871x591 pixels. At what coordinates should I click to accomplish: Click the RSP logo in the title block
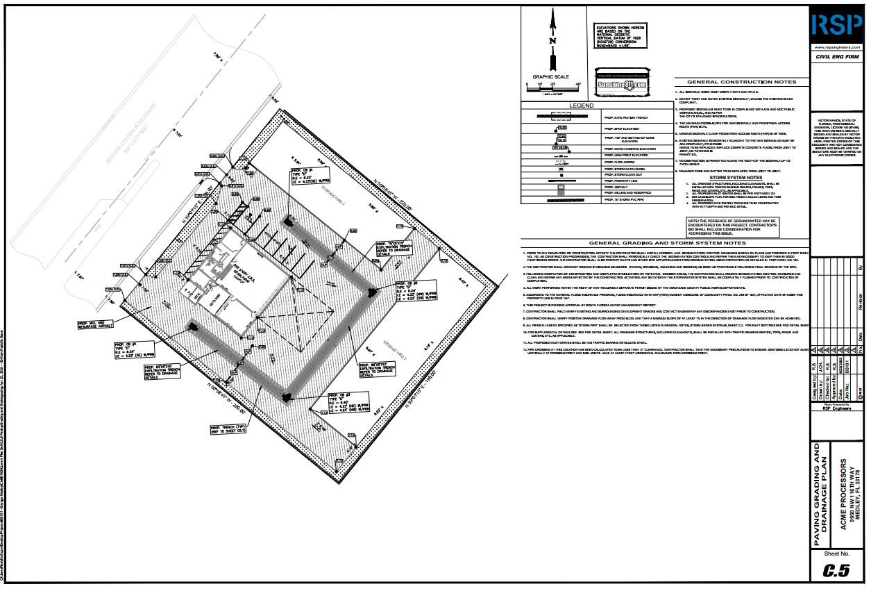pos(836,26)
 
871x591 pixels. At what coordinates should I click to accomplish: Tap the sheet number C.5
pos(836,570)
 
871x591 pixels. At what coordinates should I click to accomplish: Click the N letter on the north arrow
pos(552,41)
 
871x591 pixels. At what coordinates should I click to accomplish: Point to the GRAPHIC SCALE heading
pos(550,77)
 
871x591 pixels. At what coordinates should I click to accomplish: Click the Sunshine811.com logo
pos(622,85)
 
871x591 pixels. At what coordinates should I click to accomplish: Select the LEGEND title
pos(581,106)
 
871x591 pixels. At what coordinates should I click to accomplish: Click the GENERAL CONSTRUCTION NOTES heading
pos(737,81)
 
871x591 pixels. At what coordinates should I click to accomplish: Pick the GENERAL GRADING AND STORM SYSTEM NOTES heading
pos(666,243)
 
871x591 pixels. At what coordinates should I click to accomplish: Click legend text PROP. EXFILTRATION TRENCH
pos(626,118)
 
